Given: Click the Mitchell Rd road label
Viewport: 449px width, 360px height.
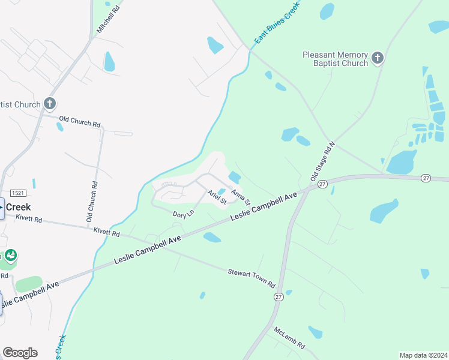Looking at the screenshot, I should tap(109, 20).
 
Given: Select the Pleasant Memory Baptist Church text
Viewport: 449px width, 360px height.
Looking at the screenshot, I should tap(335, 59).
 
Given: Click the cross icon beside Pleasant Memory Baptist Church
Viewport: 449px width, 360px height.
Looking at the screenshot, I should tap(377, 58).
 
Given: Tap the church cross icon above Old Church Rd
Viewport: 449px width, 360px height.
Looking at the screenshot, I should tap(50, 104).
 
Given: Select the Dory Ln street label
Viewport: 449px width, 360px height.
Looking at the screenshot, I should tap(183, 214).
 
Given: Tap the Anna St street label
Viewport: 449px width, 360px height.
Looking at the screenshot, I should tap(240, 196).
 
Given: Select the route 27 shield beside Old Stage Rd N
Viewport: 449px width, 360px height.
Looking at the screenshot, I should tap(322, 184).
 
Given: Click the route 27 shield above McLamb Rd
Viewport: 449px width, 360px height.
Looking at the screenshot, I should tap(278, 297).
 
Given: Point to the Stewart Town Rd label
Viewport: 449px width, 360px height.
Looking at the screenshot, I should tap(250, 279).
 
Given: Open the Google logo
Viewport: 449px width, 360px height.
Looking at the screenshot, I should tap(20, 352).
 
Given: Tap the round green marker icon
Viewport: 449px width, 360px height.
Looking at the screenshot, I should tap(11, 256).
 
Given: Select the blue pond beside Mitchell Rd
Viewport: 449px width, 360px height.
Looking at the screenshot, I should tap(109, 61).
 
